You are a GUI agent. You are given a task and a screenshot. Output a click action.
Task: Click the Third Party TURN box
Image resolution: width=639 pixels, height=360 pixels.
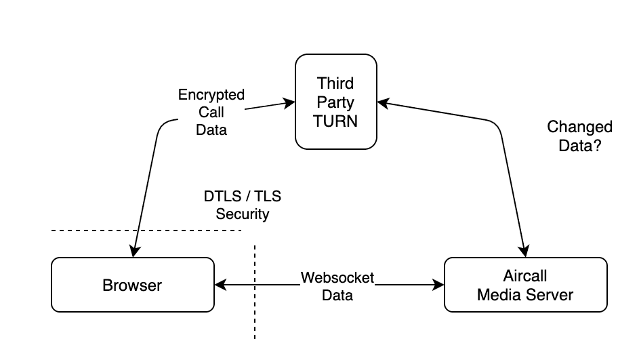336,102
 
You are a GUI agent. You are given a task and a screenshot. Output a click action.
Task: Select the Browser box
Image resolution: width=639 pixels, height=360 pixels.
132,285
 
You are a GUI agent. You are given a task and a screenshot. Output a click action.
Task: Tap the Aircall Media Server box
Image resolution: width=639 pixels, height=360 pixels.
525,285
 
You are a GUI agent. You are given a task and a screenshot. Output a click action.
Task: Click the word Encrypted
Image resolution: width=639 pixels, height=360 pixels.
211,95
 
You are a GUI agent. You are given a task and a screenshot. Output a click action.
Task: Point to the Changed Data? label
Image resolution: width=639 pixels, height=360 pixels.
579,136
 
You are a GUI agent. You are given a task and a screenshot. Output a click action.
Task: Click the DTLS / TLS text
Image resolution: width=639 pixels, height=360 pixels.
243,197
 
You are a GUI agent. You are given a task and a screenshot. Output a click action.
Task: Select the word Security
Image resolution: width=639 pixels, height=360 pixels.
243,214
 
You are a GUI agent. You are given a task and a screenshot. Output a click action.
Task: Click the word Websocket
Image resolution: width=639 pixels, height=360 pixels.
337,277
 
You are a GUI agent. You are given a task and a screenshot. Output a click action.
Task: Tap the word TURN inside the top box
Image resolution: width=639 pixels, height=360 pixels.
336,122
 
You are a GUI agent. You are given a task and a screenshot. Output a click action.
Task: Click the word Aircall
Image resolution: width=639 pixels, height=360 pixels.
525,277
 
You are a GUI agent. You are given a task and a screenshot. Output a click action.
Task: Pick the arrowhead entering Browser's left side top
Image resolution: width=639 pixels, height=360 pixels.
134,252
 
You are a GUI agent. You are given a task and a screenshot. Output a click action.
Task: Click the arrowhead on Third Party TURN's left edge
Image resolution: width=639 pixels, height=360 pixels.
291,104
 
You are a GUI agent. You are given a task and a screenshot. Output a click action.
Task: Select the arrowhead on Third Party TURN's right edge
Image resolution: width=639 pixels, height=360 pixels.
382,104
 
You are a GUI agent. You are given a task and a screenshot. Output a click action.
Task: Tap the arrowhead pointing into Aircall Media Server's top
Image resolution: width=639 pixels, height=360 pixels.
524,252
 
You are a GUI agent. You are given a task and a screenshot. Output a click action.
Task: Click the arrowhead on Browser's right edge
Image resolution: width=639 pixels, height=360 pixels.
219,285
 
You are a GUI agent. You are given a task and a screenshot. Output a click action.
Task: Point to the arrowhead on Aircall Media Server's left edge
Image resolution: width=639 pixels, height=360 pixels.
439,285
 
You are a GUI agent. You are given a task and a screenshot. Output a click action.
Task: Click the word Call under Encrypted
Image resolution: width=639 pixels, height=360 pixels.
211,112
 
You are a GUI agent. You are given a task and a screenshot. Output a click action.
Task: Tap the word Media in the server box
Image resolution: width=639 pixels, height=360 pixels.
499,295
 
